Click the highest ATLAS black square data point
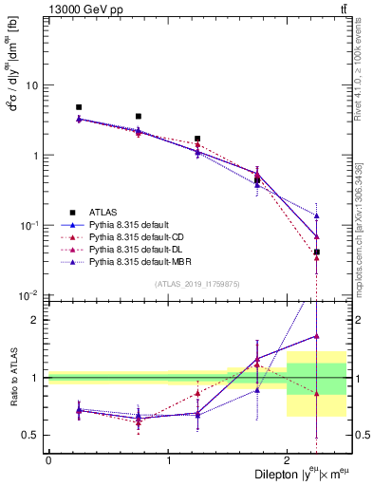click(79, 107)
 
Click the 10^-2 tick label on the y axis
click(30, 295)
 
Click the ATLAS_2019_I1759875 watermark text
click(196, 283)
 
